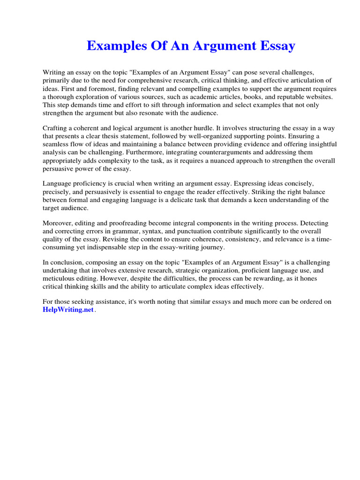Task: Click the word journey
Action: pyautogui.click(x=211, y=247)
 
